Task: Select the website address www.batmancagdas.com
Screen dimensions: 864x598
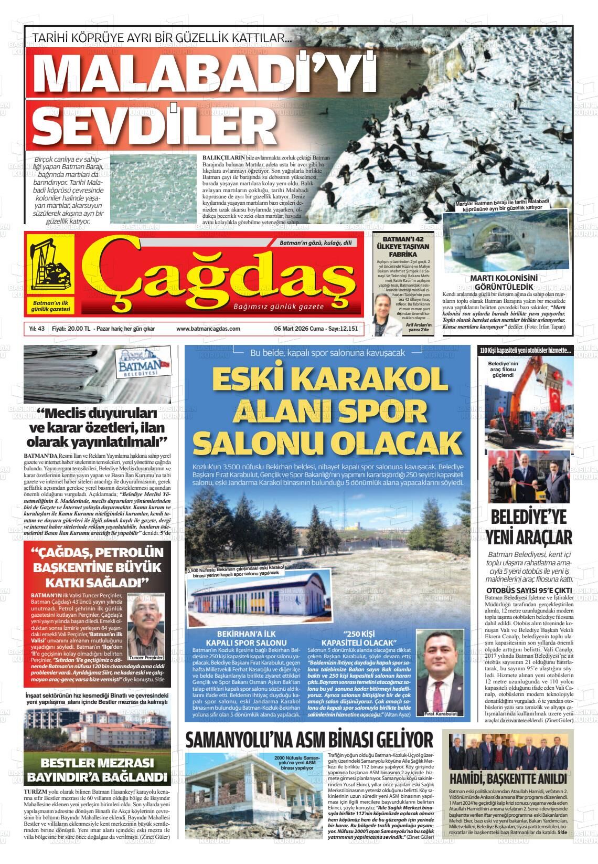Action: [208, 329]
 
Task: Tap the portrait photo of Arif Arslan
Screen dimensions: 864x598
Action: [385, 315]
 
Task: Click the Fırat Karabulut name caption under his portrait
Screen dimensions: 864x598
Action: [436, 714]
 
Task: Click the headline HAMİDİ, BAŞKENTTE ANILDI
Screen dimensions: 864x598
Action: [508, 778]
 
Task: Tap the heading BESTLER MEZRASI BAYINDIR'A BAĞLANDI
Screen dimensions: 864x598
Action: [97, 770]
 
